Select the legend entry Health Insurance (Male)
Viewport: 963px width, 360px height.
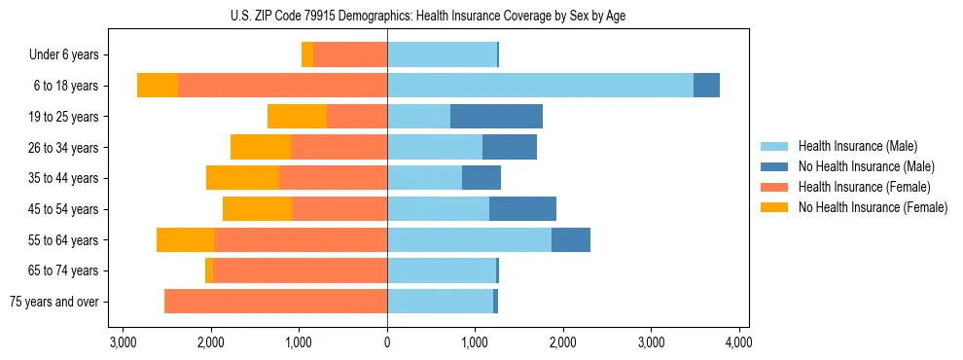tap(856, 146)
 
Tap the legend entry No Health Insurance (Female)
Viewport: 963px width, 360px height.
tap(873, 207)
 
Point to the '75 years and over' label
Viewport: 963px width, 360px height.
tap(53, 302)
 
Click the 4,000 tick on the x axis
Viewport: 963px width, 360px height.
tap(738, 342)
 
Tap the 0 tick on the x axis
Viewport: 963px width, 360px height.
tap(387, 342)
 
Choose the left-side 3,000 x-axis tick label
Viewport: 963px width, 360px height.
tap(124, 342)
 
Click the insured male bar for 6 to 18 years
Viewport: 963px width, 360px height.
tap(540, 86)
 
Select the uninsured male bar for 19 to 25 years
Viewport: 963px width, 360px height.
tap(496, 117)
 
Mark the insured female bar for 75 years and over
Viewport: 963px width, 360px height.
tap(276, 302)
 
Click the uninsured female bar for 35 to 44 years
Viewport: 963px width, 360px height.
tap(242, 178)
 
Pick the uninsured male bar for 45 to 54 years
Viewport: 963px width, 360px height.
tap(522, 209)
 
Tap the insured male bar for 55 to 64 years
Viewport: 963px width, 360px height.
tap(469, 239)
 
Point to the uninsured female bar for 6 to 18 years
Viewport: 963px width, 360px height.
tap(158, 86)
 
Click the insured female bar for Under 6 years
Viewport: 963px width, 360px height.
tap(350, 55)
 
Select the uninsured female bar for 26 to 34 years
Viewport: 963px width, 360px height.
tap(261, 147)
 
